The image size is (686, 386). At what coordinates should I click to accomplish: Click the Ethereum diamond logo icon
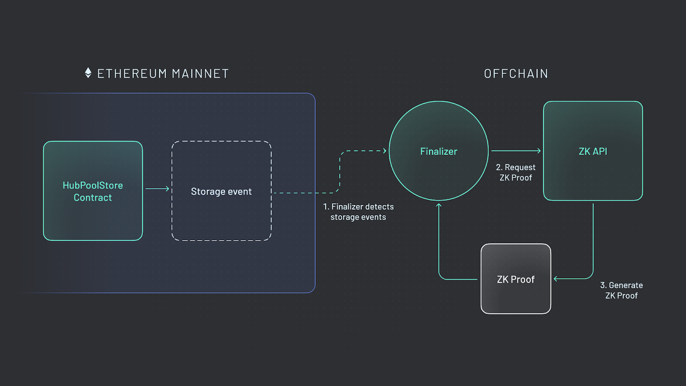pos(88,73)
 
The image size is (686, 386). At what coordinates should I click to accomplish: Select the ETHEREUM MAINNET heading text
pos(163,74)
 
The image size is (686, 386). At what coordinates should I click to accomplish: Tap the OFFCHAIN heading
pos(516,74)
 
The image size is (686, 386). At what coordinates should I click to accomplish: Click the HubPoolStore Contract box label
pos(93,191)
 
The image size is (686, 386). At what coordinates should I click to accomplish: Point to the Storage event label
pos(221,192)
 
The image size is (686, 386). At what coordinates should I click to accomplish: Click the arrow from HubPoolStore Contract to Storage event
pos(157,189)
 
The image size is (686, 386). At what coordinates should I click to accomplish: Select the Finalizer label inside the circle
pos(439,151)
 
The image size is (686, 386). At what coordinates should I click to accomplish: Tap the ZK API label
pos(593,151)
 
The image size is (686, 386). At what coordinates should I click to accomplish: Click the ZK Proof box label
pos(515,280)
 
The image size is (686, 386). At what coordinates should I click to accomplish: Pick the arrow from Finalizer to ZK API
pos(515,151)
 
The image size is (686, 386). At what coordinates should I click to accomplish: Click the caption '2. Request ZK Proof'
pos(515,172)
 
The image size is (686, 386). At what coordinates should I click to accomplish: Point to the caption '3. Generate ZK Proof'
pos(621,290)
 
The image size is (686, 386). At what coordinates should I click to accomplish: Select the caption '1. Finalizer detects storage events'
pos(358,212)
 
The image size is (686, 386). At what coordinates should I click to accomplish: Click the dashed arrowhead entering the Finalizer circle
pos(385,151)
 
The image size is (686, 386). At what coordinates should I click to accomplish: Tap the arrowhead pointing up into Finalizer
pos(439,206)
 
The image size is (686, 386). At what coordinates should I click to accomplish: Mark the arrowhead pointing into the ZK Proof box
pos(556,279)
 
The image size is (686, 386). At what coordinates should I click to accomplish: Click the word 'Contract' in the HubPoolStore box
pos(93,197)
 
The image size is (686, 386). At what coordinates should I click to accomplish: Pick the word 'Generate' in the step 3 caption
pos(626,285)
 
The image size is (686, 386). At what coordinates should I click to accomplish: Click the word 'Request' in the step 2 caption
pos(520,168)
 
